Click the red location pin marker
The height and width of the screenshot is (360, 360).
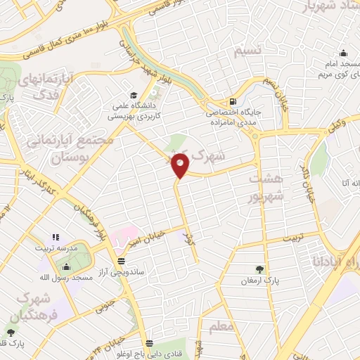[181, 165]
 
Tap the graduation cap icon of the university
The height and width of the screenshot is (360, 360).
[133, 96]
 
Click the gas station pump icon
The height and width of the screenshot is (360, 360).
[233, 100]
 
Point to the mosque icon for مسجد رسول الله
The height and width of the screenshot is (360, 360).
[67, 266]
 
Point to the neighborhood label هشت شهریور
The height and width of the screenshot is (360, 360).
[268, 186]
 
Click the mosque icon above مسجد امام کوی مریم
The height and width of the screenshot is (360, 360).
[343, 53]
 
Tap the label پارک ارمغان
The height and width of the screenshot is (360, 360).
[261, 280]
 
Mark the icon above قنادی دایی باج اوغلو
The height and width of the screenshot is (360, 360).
[148, 342]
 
